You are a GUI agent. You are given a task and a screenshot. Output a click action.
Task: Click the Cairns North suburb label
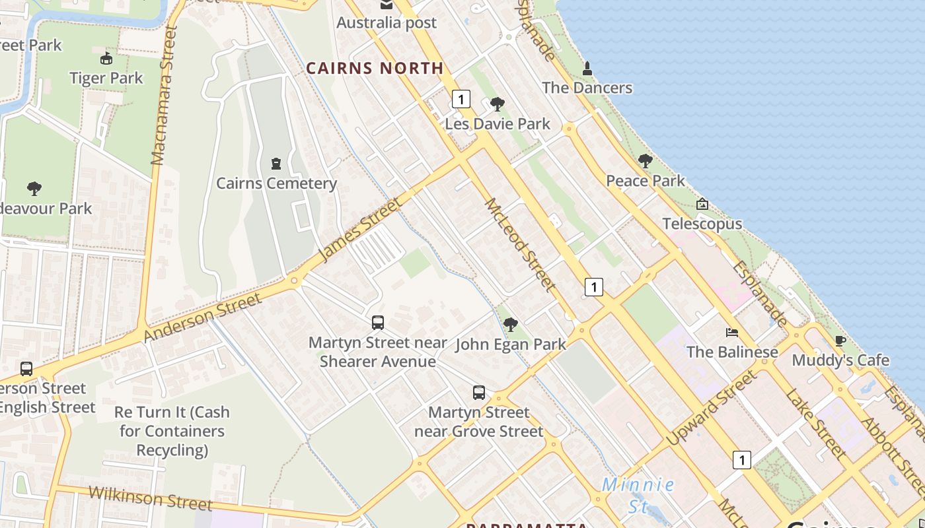click(x=375, y=68)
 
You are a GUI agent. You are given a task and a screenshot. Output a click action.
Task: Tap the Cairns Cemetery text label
click(x=276, y=183)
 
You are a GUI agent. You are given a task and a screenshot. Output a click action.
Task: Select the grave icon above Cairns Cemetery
click(x=276, y=163)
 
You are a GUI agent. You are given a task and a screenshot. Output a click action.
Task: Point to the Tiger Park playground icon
click(x=106, y=58)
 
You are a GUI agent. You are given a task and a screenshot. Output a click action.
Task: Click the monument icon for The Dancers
click(x=587, y=68)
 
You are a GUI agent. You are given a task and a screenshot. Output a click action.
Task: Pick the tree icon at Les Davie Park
click(x=498, y=104)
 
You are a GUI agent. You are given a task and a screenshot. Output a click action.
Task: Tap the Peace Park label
click(x=645, y=181)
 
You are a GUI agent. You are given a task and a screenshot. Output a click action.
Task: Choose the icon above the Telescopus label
click(x=702, y=204)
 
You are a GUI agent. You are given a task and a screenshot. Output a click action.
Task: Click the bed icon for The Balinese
click(x=732, y=332)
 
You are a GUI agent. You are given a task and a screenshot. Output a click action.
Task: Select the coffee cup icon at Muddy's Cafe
click(x=840, y=341)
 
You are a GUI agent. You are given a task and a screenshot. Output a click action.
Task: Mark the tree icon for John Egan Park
click(x=510, y=324)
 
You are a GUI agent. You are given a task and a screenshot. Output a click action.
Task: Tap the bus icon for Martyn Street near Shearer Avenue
click(x=378, y=322)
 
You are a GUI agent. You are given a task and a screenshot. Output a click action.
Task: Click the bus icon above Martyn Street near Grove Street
click(x=479, y=393)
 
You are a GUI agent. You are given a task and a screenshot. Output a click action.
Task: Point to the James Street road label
click(x=359, y=229)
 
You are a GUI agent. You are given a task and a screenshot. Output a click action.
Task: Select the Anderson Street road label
click(x=202, y=317)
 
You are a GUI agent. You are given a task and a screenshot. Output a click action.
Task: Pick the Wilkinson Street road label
click(x=150, y=498)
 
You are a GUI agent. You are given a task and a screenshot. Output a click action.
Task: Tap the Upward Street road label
click(x=710, y=408)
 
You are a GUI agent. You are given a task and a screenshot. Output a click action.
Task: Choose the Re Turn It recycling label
click(x=172, y=431)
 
